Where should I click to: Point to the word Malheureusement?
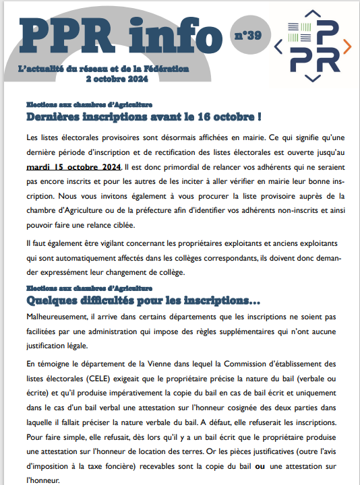57,315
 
